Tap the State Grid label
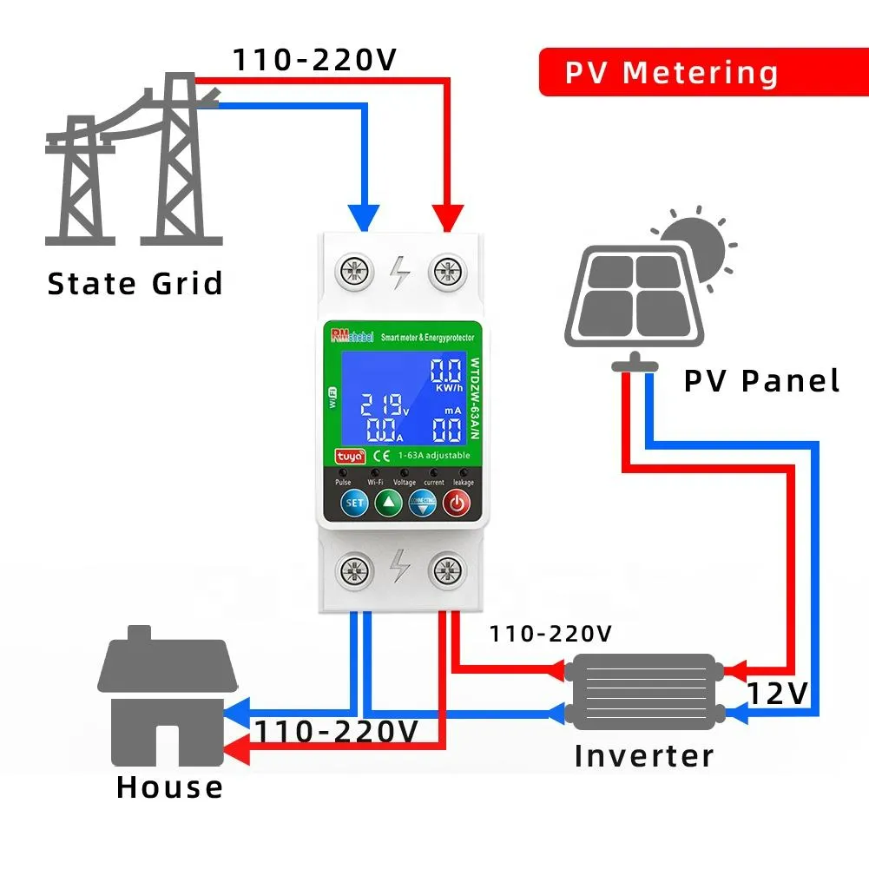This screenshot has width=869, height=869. coord(135,284)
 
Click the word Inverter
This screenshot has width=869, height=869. coord(644,755)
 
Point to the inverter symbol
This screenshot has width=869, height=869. coord(643,691)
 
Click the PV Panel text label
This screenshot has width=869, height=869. coord(762,380)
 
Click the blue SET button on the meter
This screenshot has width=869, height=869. coord(354,502)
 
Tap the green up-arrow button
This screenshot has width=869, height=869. coord(388,502)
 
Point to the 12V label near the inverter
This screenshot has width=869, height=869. coord(778,694)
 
